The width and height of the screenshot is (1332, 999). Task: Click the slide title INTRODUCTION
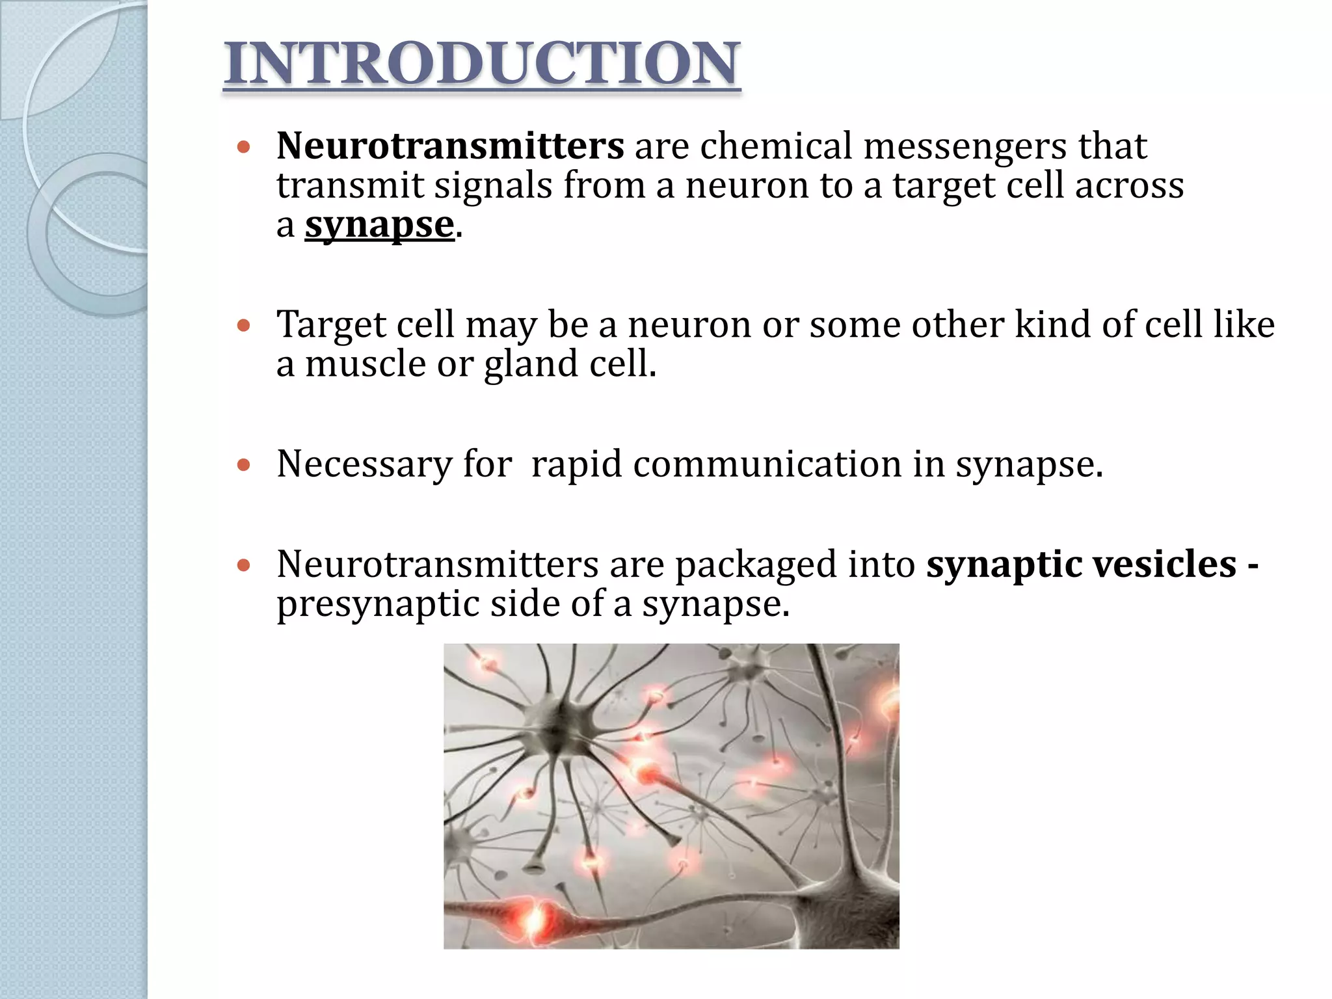pos(482,63)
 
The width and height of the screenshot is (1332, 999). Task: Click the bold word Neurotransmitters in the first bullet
pos(450,145)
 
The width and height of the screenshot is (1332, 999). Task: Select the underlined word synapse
pos(379,225)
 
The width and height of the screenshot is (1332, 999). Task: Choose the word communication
pos(767,464)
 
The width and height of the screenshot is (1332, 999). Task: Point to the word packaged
pos(755,565)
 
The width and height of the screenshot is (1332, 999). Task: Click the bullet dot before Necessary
pos(244,465)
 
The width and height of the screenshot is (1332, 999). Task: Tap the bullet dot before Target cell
pos(244,325)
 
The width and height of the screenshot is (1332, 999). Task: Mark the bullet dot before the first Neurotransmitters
pos(244,147)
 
